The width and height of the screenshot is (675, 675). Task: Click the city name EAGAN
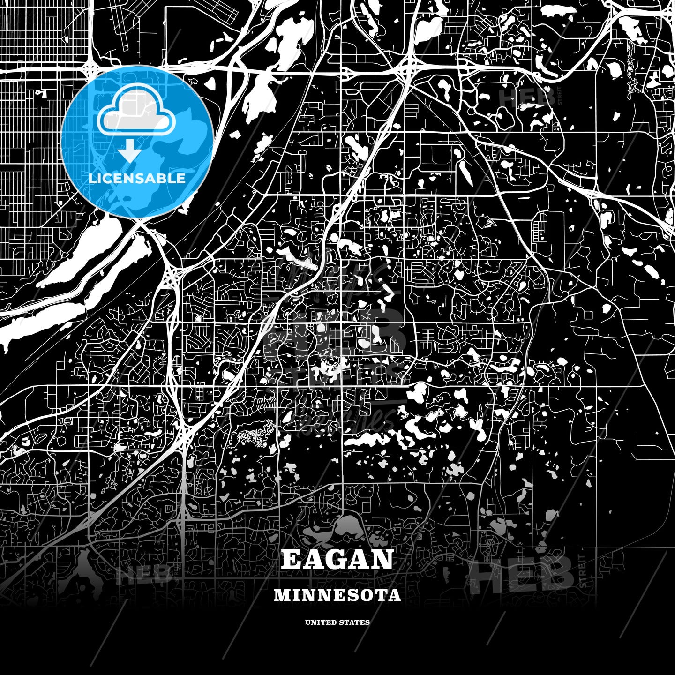click(x=337, y=559)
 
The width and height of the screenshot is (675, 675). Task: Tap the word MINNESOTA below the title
click(x=337, y=595)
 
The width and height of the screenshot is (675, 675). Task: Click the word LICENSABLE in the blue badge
click(x=137, y=178)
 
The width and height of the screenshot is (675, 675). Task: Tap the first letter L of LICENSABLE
click(x=92, y=178)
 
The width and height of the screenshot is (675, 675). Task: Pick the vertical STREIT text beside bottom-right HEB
click(x=582, y=571)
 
